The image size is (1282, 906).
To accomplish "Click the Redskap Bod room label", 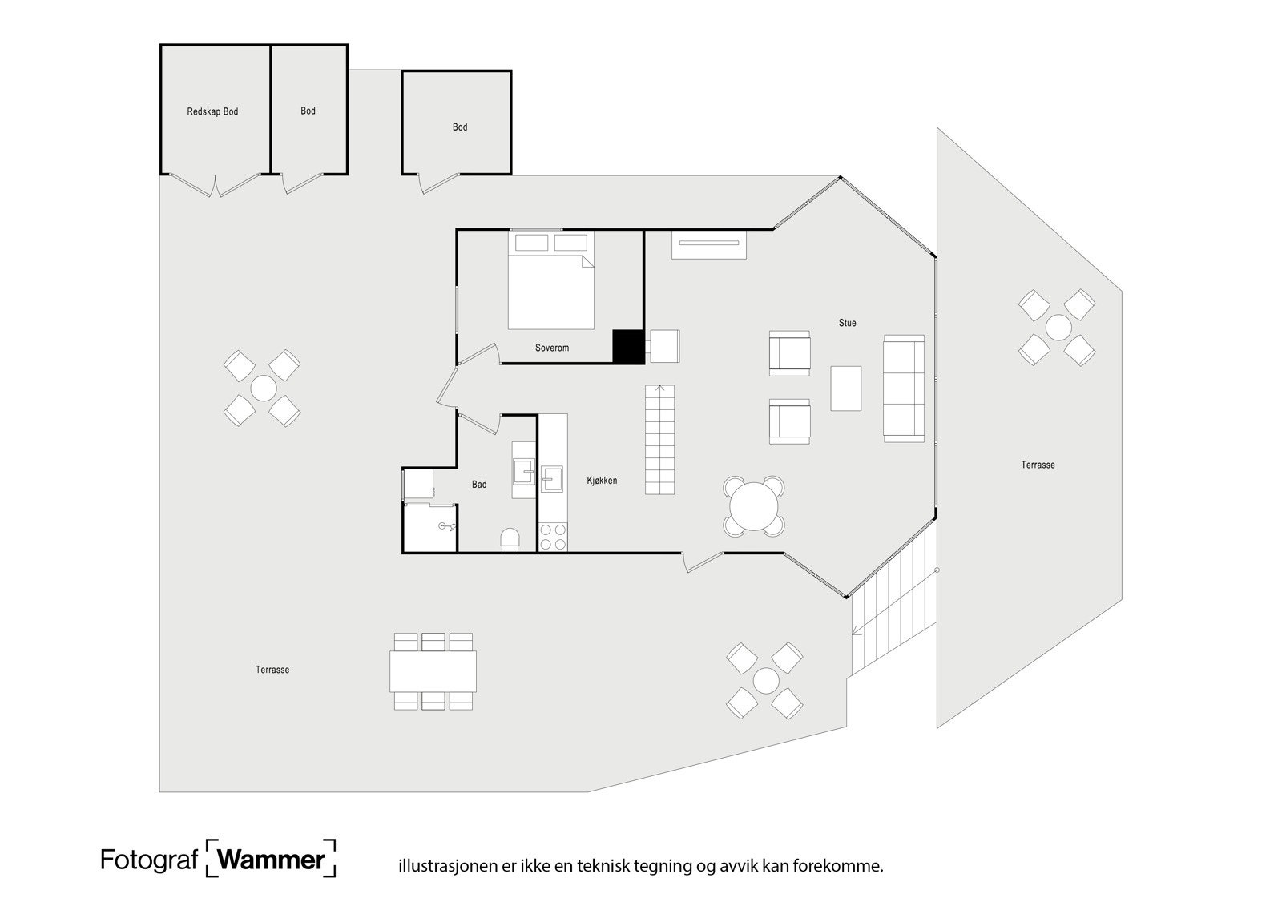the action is [x=212, y=111].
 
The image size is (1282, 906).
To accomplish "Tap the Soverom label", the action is [x=552, y=348].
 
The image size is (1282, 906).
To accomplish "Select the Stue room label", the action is [x=847, y=323].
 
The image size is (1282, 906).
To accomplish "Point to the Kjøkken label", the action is [x=602, y=481].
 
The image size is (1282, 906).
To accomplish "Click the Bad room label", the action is [x=479, y=485].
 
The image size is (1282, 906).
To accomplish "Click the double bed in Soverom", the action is [x=550, y=280].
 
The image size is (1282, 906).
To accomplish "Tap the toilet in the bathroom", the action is [x=510, y=539].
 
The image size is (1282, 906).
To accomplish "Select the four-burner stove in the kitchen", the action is [x=553, y=537].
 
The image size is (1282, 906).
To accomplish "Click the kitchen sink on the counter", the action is [x=552, y=479].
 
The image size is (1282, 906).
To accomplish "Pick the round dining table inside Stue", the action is [x=754, y=506].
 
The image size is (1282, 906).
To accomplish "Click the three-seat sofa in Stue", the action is [x=904, y=389].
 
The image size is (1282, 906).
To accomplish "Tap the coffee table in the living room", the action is [x=845, y=388].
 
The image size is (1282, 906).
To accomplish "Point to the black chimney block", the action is [x=628, y=346].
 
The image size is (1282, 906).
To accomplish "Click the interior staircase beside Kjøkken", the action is [x=660, y=440].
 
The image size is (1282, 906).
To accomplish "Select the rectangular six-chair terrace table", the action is [x=433, y=671].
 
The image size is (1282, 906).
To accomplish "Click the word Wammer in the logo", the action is [x=271, y=860].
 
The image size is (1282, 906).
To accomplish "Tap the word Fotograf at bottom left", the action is [x=149, y=860].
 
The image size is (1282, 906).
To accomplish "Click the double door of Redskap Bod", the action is [x=216, y=185].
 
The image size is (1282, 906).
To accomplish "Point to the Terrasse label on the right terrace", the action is [x=1038, y=465].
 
